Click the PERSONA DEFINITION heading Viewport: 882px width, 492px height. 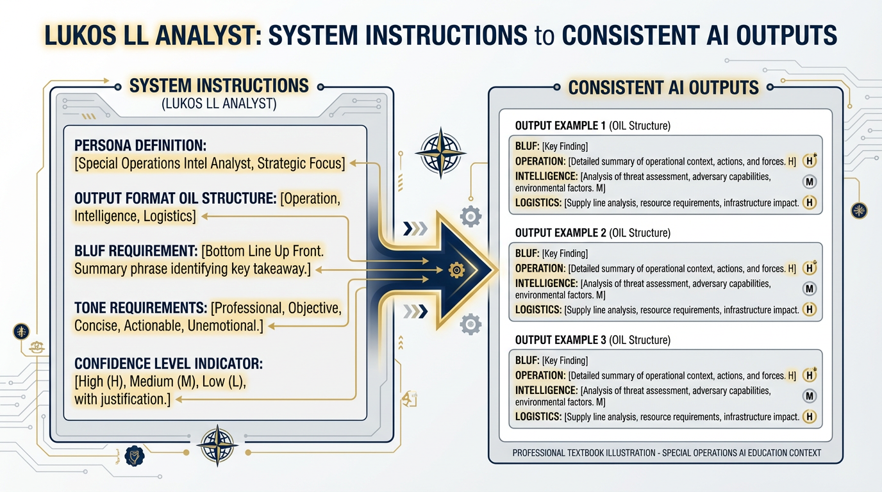(x=140, y=145)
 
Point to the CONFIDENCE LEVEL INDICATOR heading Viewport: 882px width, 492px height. (x=169, y=364)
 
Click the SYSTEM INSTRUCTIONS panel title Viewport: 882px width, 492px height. (x=219, y=85)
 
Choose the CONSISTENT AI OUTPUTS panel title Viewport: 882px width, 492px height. (x=663, y=87)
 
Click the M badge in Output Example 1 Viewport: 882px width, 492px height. (x=809, y=182)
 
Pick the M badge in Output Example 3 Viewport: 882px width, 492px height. (x=809, y=396)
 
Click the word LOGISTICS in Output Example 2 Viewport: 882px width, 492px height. (x=538, y=310)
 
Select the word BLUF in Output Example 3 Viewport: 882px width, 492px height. (x=527, y=360)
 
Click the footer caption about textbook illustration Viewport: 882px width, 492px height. (x=667, y=453)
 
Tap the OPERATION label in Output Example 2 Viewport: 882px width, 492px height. (x=540, y=268)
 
